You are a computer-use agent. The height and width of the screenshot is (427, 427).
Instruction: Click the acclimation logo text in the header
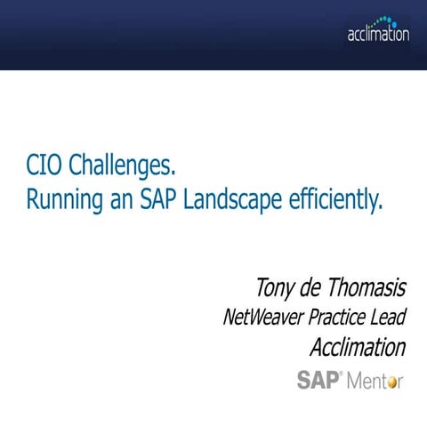coord(378,36)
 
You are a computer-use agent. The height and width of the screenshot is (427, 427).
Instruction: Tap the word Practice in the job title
coord(336,318)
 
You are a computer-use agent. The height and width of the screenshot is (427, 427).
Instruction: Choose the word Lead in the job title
coord(389,318)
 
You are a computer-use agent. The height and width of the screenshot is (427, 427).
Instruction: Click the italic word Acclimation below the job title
coord(358,346)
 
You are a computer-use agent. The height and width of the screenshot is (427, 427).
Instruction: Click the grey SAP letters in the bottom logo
coord(316,380)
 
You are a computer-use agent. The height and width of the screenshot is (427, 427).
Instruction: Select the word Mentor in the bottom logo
coord(374,381)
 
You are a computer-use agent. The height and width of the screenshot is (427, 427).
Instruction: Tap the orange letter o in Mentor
coord(391,383)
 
